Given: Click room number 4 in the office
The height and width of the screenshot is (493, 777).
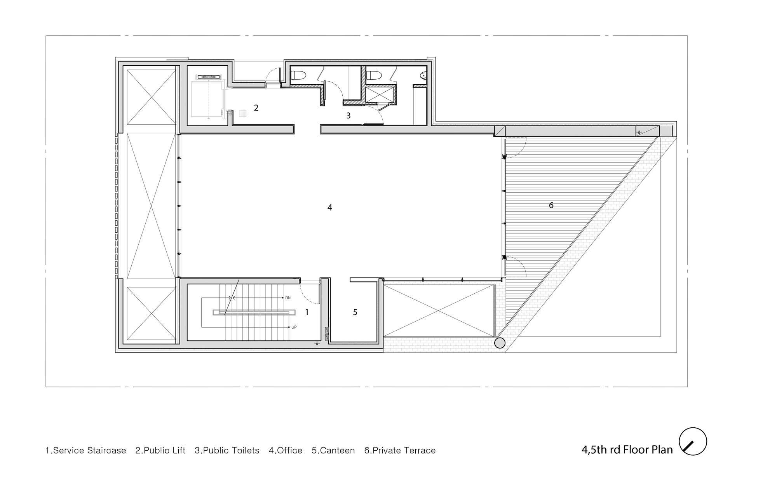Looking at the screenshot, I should coord(329,208).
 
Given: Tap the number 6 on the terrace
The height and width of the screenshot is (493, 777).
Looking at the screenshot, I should coord(551,205).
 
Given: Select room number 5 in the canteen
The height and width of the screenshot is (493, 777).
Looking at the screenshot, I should coord(355,312).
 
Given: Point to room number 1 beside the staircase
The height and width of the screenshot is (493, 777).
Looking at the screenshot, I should coord(307,312).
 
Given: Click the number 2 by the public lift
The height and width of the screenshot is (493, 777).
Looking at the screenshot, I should coord(256,108).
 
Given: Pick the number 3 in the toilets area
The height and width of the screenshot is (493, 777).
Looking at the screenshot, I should coord(348,116).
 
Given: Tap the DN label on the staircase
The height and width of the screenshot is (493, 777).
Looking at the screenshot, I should coord(288,298).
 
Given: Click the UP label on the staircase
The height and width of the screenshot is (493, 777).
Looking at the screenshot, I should coord(294,327).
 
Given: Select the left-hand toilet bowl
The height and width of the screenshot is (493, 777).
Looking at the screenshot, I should coord(298,75).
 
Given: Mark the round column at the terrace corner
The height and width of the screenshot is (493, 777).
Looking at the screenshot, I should coord(500,343).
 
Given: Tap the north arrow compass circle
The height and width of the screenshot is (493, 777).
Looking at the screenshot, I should coord(693,441).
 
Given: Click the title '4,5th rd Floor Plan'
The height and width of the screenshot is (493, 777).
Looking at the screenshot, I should coord(627,450).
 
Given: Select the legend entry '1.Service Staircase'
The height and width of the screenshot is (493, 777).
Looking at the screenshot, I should coord(86,451).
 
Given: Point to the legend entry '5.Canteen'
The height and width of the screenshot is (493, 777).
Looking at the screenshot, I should coord(333,451).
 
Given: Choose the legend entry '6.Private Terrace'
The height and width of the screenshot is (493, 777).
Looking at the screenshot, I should coord(400,451).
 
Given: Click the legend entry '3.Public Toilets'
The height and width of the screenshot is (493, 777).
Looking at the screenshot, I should coord(227,451).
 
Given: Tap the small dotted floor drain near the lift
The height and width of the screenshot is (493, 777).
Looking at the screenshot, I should coord(243,113).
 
